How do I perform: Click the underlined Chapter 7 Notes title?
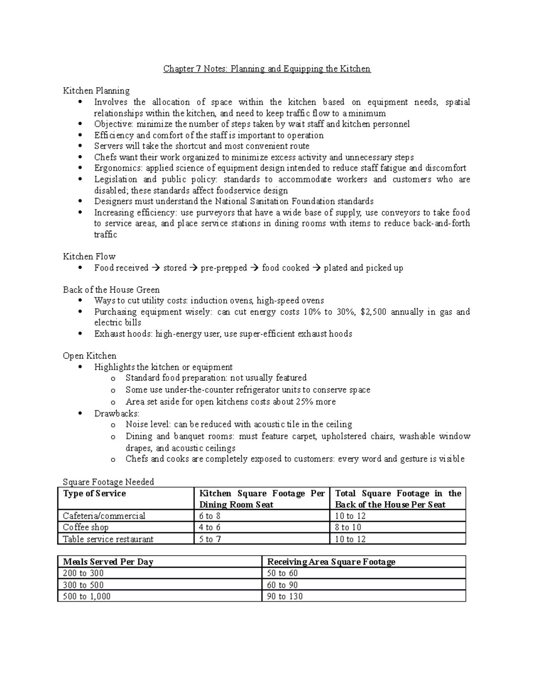267,69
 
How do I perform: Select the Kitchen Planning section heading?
96,91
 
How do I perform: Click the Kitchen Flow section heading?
89,256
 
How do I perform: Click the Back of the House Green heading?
111,290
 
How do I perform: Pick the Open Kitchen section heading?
89,356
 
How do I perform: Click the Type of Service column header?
94,493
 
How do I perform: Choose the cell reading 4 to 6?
210,528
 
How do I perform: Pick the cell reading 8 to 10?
348,528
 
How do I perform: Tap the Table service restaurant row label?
108,539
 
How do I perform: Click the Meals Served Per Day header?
108,562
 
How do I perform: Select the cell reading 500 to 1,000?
87,596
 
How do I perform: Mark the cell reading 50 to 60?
282,574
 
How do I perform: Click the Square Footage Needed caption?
108,482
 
